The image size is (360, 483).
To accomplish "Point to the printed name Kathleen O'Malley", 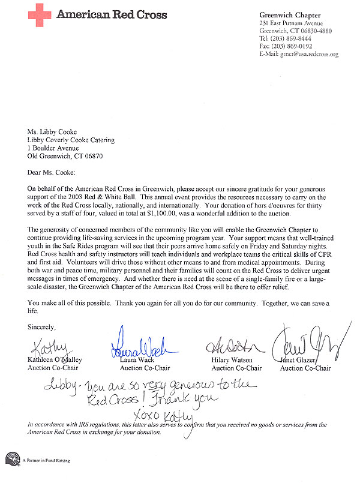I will [55, 361].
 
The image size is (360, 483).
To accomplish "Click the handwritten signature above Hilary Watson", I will [230, 347].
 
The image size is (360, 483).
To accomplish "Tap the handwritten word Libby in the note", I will [61, 385].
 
